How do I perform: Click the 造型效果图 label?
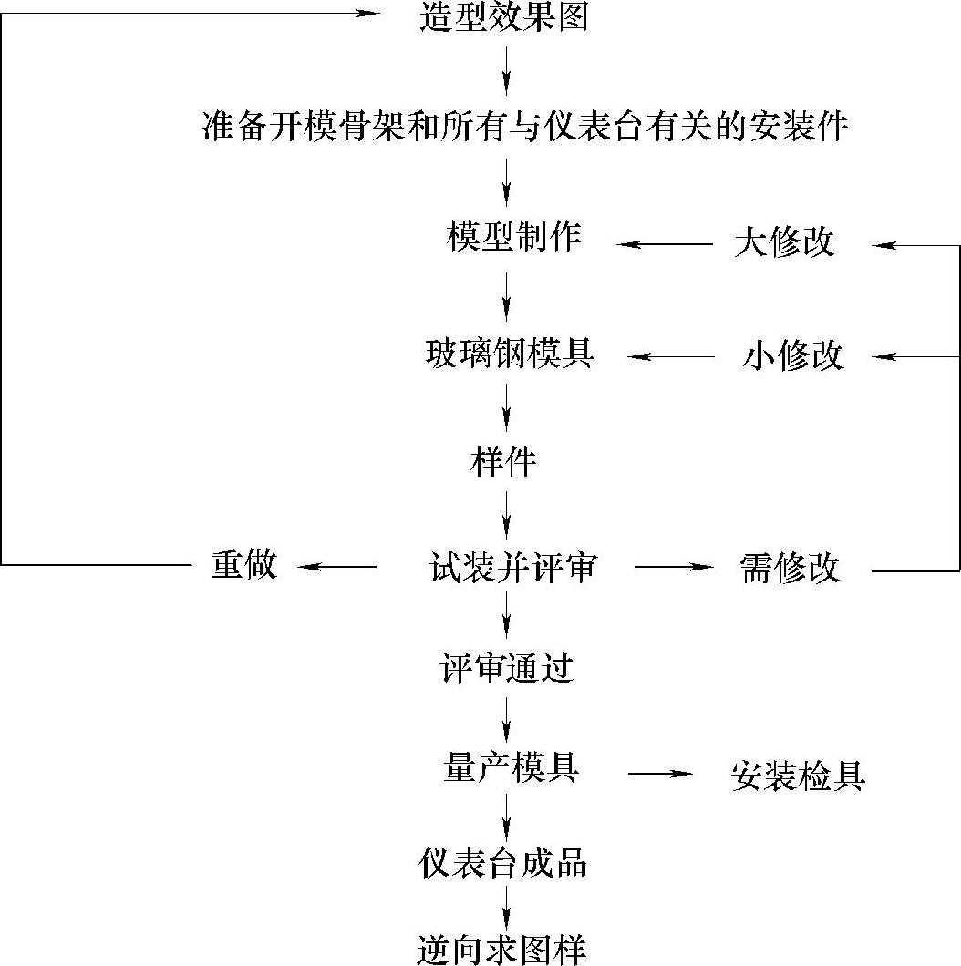tap(503, 17)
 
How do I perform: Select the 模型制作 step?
tap(513, 237)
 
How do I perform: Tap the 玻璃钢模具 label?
tap(510, 354)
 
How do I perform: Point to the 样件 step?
tap(503, 462)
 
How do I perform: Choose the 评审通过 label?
tap(506, 670)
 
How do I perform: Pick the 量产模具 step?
tap(511, 769)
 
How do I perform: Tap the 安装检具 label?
tap(797, 776)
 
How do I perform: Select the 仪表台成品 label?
tap(502, 863)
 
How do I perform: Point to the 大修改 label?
tap(783, 243)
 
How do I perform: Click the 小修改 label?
tap(792, 356)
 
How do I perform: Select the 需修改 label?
tap(789, 569)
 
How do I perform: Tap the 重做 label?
tap(243, 565)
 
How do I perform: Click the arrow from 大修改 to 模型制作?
tap(665, 244)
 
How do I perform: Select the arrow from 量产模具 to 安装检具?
tap(660, 774)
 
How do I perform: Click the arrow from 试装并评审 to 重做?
tap(337, 567)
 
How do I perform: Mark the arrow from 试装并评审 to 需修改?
tap(675, 567)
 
